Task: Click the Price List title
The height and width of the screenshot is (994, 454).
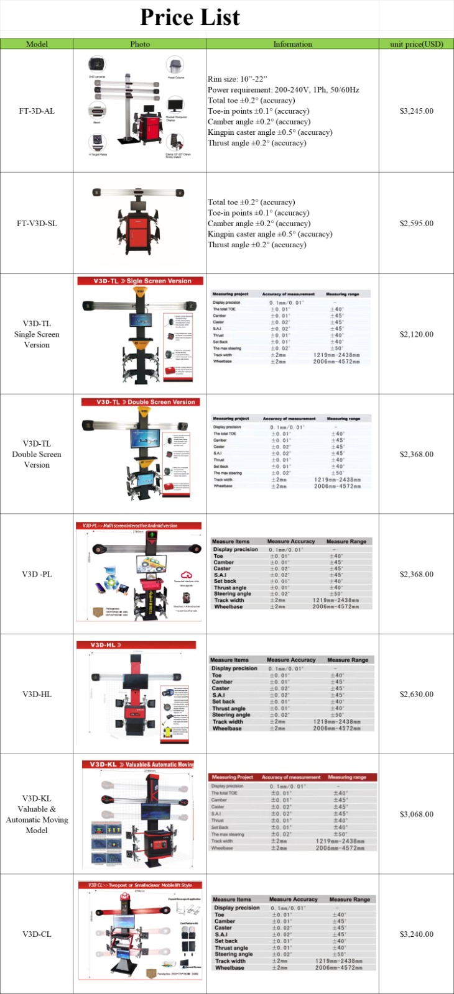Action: coord(190,17)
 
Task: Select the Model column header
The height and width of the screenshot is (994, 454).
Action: coord(37,44)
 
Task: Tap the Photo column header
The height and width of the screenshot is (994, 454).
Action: coord(140,44)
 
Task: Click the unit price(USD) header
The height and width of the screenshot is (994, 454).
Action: coord(416,44)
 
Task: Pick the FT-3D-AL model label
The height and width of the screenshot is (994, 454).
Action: coord(37,111)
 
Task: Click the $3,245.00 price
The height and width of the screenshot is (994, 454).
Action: coord(416,111)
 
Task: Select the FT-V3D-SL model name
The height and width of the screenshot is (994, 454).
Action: coord(37,224)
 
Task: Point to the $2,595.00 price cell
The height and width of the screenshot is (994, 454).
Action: coord(416,224)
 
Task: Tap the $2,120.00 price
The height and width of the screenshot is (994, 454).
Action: coord(416,334)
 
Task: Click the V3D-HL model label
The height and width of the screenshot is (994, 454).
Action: coord(37,695)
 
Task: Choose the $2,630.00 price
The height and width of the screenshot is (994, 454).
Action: coord(416,695)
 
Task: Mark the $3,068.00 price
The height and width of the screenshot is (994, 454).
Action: coord(416,814)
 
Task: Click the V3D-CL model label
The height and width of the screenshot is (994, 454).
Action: coord(37,934)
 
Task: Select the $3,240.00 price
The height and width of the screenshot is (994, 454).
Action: coord(416,934)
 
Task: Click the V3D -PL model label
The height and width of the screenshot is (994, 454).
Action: coord(37,575)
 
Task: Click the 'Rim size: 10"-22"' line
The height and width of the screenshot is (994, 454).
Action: coord(237,80)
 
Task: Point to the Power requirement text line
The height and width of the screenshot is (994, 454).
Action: coord(283,90)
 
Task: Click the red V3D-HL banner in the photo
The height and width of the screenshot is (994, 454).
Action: coord(136,645)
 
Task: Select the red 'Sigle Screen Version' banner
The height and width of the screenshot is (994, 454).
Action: coord(140,281)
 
